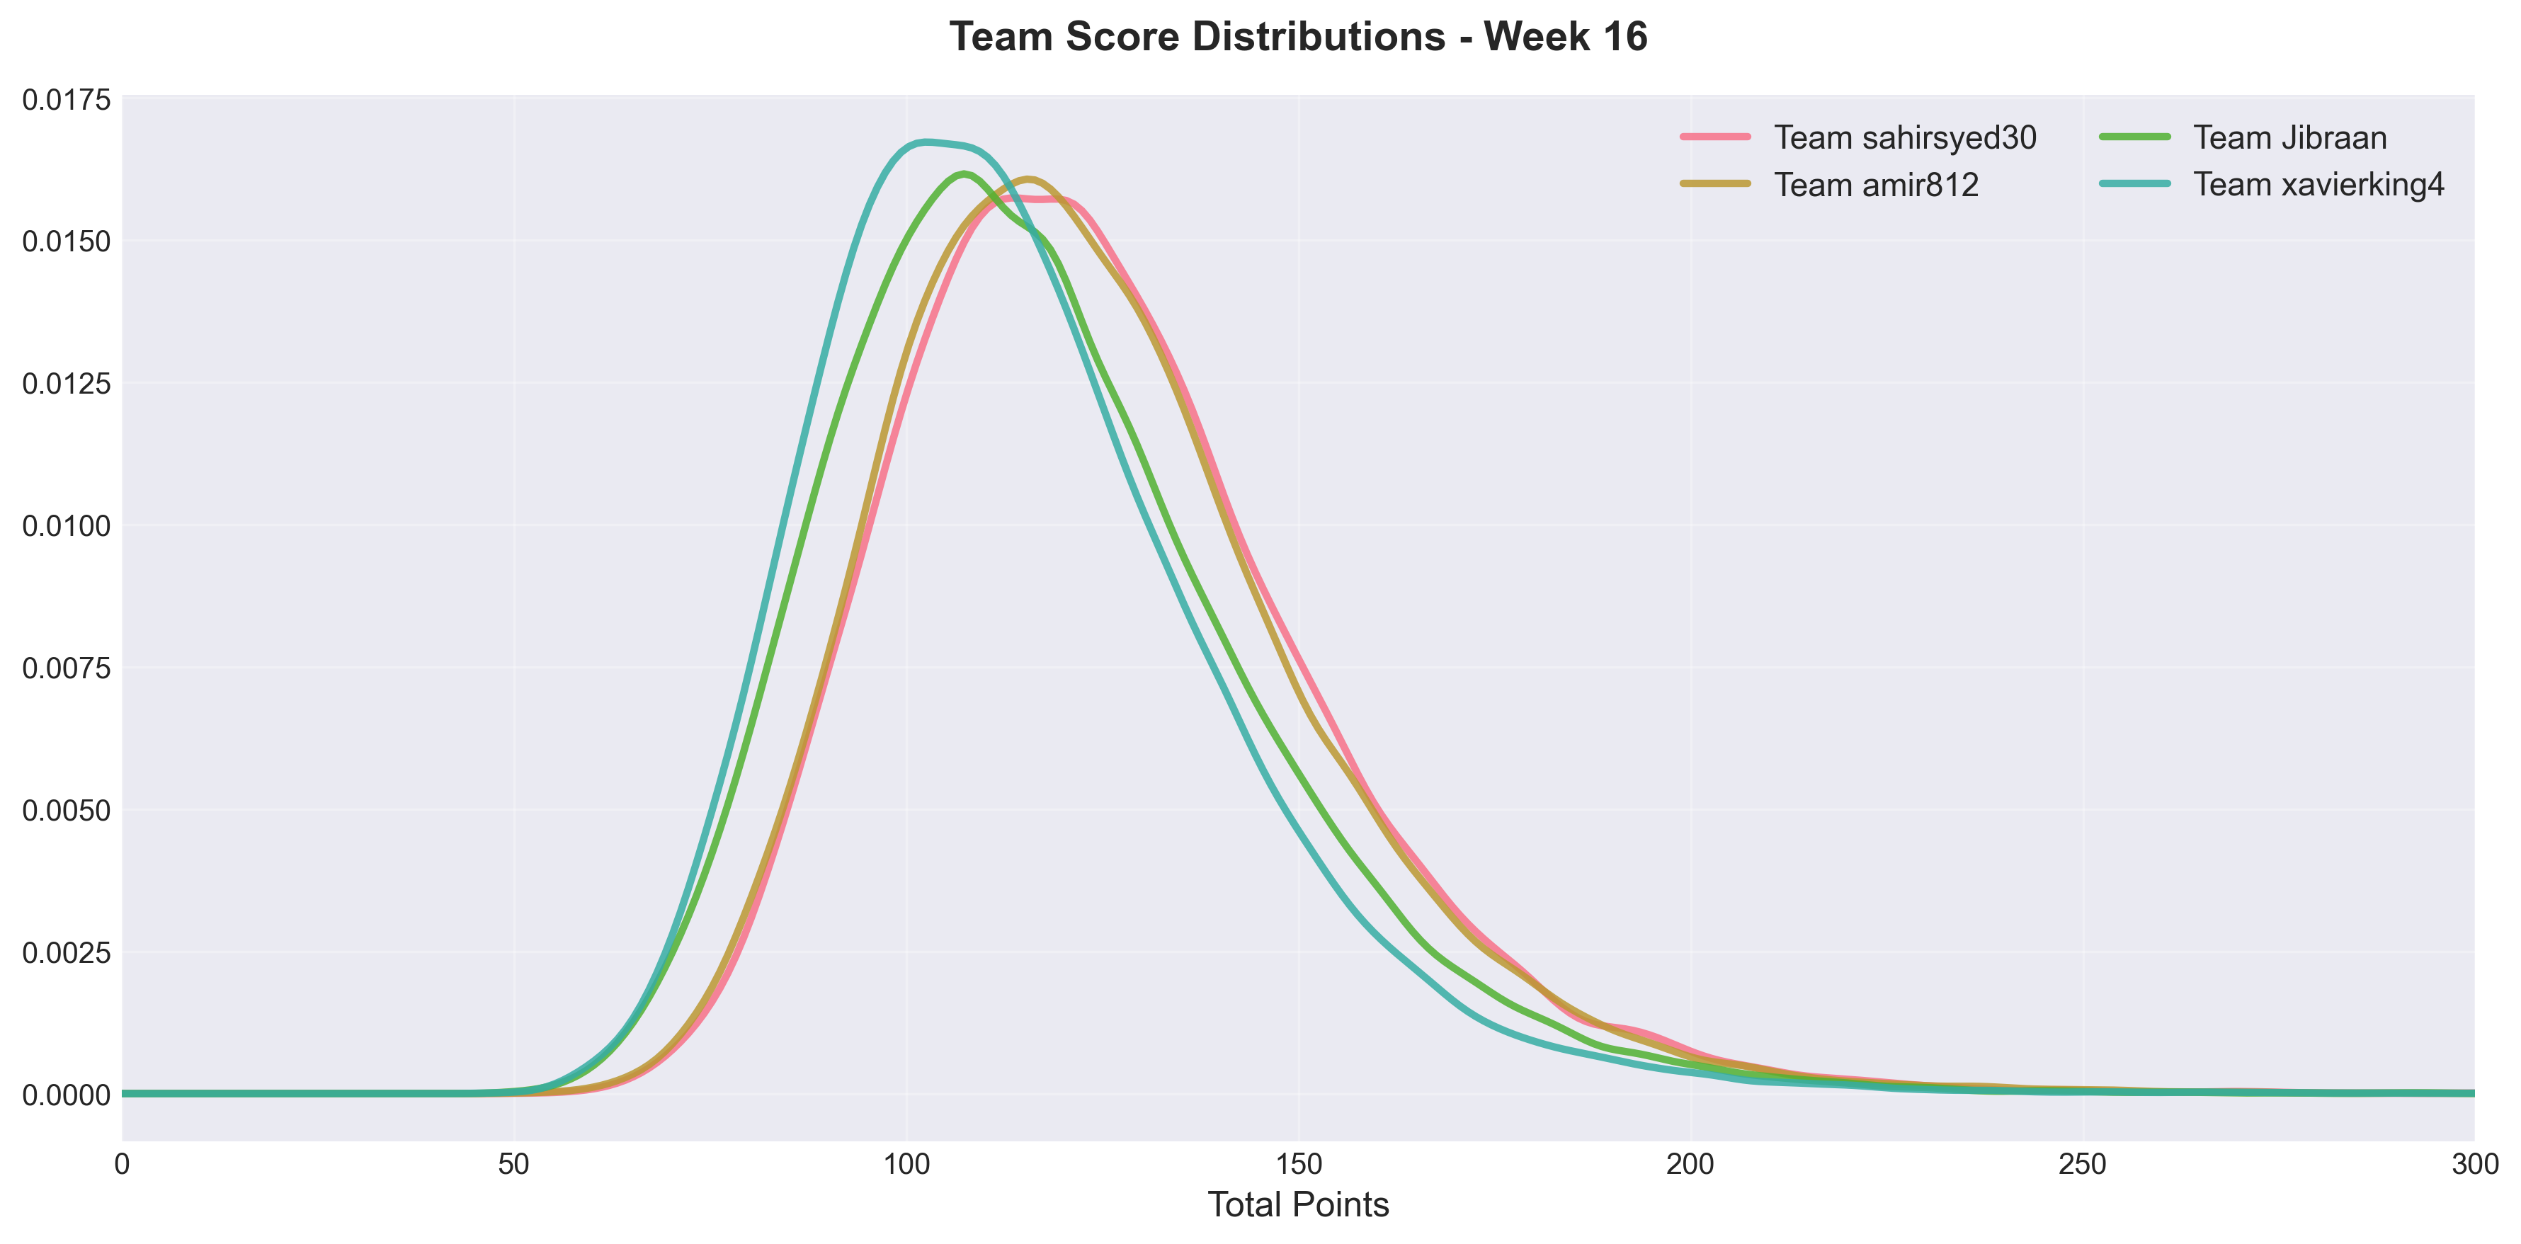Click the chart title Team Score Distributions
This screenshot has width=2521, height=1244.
(x=1298, y=38)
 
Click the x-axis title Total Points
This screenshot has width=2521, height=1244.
(x=1298, y=1205)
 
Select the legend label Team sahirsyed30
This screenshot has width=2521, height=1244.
(x=1904, y=138)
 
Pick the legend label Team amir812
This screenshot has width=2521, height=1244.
(x=1876, y=185)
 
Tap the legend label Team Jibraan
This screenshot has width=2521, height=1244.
(x=2289, y=138)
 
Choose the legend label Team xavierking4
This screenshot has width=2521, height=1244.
(x=2318, y=185)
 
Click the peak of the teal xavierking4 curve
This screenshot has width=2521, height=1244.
(x=925, y=142)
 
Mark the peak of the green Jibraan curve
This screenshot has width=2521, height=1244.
(x=964, y=174)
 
